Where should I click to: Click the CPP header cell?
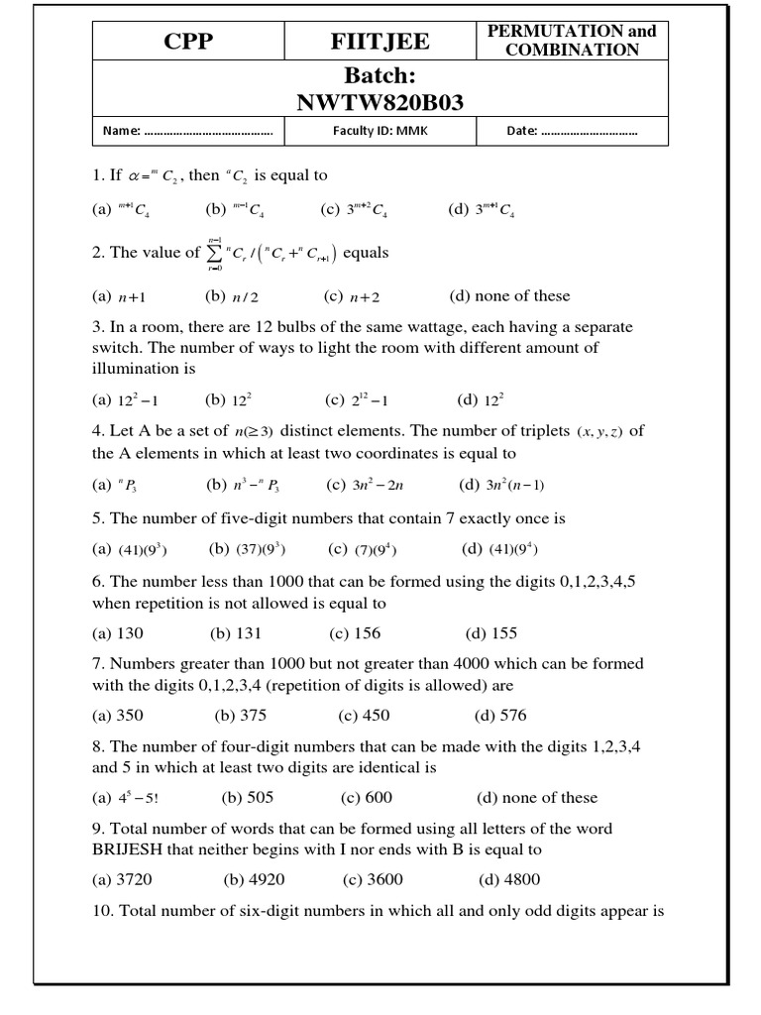click(189, 43)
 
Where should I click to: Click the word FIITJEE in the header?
click(380, 43)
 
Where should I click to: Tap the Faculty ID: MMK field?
click(380, 132)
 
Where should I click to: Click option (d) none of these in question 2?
click(509, 294)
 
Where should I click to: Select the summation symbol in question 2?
click(213, 253)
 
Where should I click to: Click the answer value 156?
click(367, 633)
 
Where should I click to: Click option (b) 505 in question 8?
click(247, 798)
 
